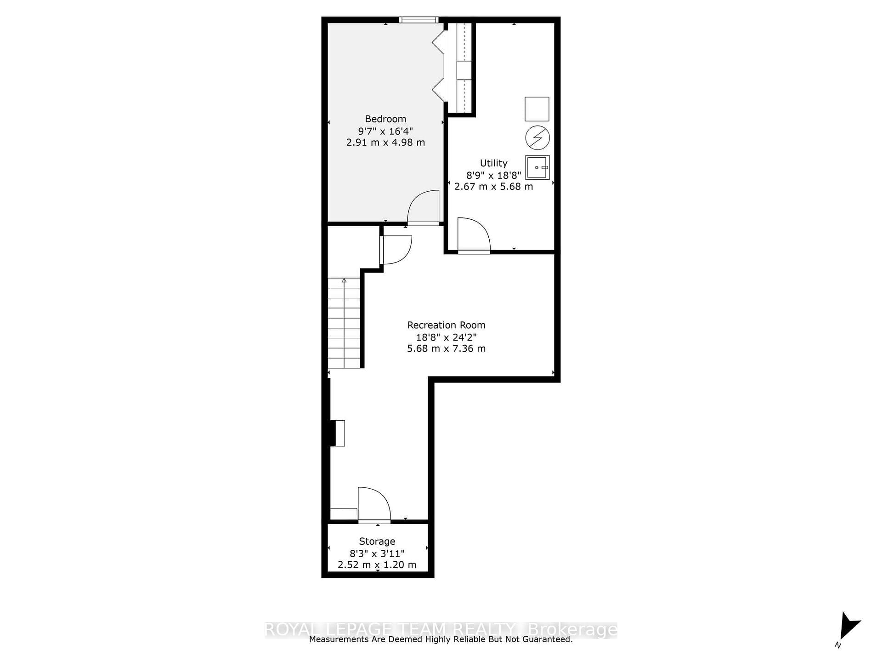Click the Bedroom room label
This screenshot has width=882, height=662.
385,119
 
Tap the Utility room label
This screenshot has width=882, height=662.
493,163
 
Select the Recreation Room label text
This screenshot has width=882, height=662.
446,325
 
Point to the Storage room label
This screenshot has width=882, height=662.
377,542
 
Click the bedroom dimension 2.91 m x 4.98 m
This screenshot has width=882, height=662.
385,143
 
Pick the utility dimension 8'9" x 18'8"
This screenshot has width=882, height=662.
493,175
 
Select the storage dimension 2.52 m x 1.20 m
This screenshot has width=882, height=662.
377,565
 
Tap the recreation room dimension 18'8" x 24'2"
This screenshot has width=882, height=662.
446,337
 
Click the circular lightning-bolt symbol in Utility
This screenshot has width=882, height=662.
537,137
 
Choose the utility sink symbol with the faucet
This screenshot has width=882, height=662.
537,167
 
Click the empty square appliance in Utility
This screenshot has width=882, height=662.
537,109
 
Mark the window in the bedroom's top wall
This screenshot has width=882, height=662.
418,20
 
